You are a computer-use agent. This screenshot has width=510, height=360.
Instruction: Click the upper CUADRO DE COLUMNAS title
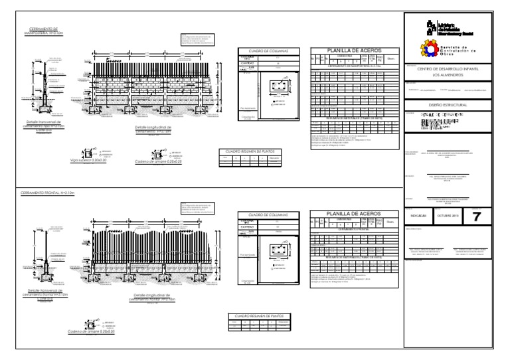click(x=266, y=50)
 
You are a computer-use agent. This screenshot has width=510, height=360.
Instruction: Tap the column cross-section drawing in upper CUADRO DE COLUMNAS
click(x=279, y=86)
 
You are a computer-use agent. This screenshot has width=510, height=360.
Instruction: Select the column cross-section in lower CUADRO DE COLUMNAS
click(x=278, y=250)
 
